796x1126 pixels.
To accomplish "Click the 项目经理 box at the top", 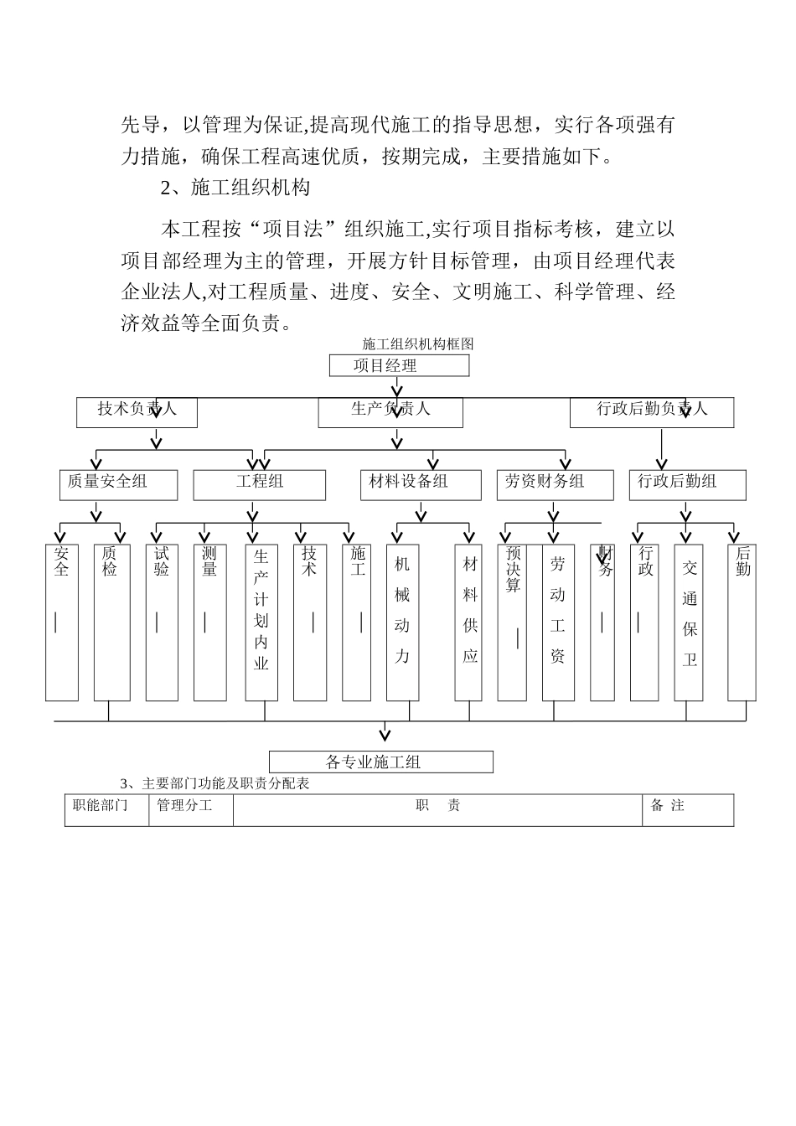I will (399, 365).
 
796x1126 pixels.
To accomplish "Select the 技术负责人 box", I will (137, 411).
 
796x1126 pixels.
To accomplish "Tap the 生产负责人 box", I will (390, 411).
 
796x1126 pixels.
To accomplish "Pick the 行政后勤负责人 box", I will (652, 411).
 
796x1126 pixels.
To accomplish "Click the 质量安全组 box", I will (117, 484).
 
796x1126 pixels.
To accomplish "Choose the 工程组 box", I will (260, 484).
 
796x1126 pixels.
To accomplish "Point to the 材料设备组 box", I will (421, 484).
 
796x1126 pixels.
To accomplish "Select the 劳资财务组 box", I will (554, 484).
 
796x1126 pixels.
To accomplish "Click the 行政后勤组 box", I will (687, 484).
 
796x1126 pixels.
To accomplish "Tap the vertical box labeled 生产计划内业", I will (261, 622).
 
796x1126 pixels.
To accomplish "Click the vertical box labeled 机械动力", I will (402, 622).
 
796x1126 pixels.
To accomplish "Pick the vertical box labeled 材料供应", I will (469, 622).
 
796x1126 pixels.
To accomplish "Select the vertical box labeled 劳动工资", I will (558, 622).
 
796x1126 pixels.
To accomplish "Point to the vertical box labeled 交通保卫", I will (689, 622).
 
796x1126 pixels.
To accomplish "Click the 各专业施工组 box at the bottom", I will (380, 762).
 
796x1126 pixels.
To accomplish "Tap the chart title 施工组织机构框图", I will (418, 344).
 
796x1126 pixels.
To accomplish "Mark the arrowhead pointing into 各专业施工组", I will (385, 736).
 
